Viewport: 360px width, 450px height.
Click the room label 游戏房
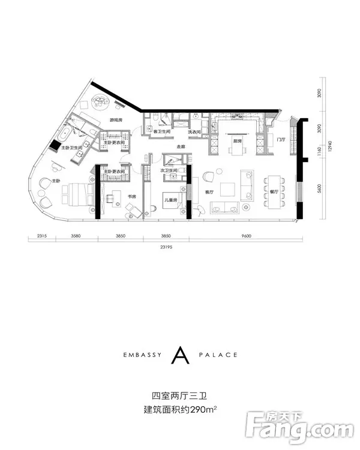click(116, 121)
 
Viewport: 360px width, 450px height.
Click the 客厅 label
click(209, 193)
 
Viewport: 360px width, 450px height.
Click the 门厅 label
click(280, 140)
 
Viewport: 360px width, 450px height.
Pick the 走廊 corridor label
click(181, 147)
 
